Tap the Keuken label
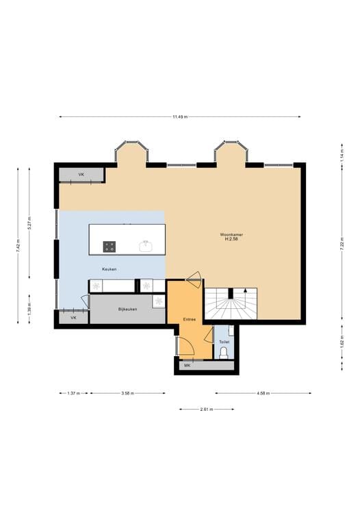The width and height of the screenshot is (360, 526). (109, 269)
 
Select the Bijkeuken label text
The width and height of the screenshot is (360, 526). (128, 309)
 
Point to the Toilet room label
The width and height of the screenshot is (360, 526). (224, 341)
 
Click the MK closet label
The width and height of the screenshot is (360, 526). (186, 366)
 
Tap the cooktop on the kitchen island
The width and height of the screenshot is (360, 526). (110, 246)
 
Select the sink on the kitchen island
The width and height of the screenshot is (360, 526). (145, 246)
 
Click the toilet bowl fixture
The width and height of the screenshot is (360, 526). (224, 353)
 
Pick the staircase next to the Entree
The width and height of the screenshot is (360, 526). (231, 303)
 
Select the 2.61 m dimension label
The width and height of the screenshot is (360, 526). (206, 409)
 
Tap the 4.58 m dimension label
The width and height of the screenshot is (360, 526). (263, 393)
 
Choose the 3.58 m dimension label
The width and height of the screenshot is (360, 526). (127, 393)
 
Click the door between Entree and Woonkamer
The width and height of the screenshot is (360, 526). (194, 278)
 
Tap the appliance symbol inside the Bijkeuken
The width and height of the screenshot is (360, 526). (158, 301)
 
